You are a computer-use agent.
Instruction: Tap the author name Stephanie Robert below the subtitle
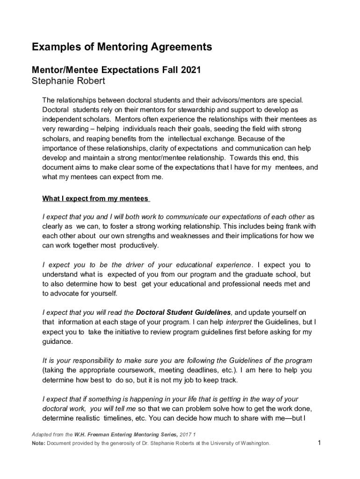68,81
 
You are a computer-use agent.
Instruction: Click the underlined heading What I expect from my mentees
96,199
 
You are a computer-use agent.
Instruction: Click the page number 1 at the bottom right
318,443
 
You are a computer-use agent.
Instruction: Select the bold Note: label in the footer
38,443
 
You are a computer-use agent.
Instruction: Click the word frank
295,226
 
